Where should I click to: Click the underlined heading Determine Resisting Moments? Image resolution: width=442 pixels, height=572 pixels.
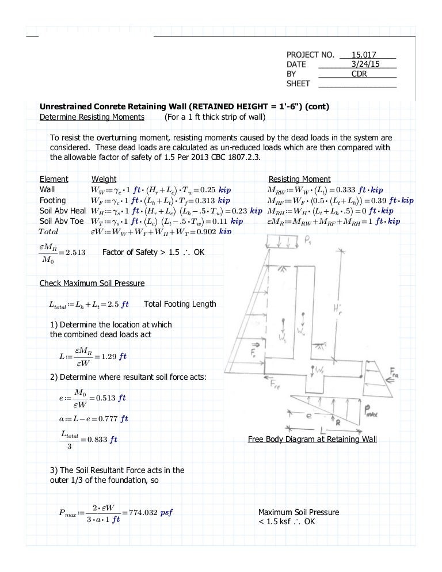[x=92, y=117]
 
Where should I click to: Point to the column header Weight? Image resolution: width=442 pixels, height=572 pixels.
[x=104, y=179]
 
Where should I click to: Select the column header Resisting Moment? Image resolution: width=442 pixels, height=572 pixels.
[x=299, y=179]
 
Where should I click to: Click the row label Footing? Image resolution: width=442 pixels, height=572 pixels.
[x=52, y=200]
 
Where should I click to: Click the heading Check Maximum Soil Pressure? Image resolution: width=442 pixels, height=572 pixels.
[x=92, y=283]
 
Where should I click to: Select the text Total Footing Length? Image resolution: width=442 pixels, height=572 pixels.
[x=180, y=304]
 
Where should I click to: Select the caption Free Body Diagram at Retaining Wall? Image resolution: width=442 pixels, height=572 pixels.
[x=312, y=440]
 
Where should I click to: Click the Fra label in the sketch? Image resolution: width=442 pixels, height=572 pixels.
[x=395, y=373]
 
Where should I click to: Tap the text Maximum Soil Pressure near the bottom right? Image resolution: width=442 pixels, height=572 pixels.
[x=298, y=512]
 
